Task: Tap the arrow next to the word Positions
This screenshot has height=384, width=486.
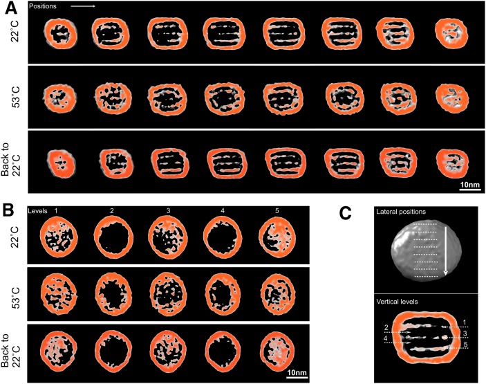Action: point(82,6)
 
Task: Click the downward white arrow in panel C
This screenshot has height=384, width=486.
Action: point(446,250)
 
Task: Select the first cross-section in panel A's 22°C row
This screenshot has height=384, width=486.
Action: point(59,33)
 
